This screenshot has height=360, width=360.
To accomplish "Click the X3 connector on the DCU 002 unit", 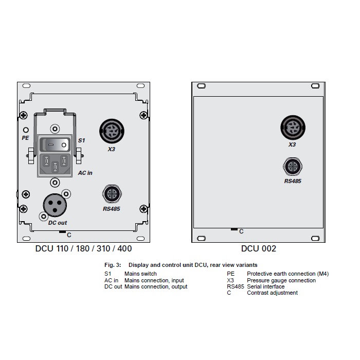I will pos(292,127).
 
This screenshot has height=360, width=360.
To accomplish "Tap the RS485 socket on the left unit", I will pos(112,194).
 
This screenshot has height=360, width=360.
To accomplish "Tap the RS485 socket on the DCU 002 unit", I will pos(292,167).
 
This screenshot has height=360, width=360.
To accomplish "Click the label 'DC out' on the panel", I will pos(58,223).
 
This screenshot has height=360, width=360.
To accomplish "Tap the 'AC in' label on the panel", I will pos(85,173).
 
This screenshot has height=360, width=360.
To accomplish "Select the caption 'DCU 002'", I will pos(258,249).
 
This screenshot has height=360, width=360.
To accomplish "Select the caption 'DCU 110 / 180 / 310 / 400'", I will pos(83,249).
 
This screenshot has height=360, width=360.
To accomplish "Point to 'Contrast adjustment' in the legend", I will pos(272,293).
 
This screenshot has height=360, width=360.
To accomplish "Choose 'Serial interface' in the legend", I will pos(265,287).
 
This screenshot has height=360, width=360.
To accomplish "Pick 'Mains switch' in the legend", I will pos(140,274).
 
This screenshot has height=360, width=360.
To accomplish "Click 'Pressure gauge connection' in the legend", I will pos(281,281).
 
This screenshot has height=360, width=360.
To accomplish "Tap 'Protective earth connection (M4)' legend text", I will pos(287,274).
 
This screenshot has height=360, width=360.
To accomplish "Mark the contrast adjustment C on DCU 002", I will pos(234,229).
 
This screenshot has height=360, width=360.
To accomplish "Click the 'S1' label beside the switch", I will pos(81,140).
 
